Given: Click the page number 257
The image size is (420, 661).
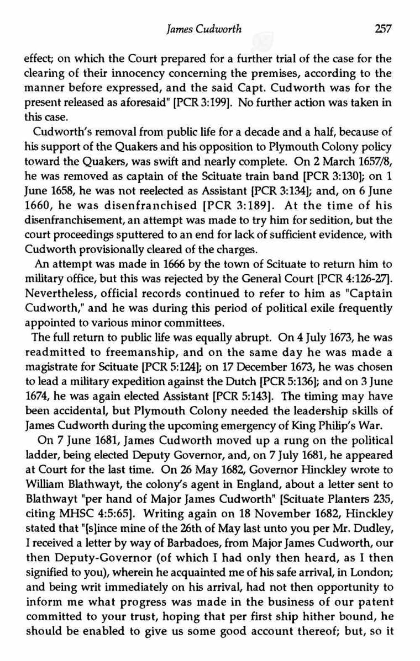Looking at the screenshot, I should coord(382,30).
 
